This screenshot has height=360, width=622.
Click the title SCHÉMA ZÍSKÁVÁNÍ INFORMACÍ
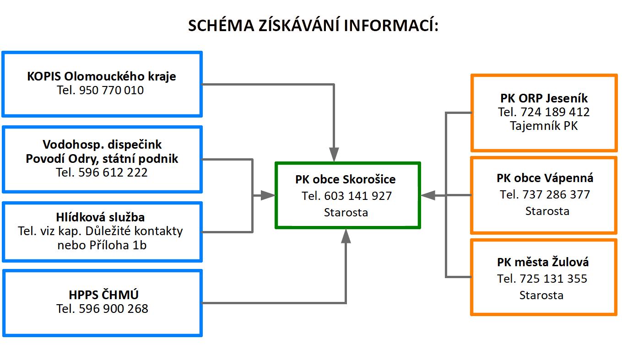(313, 25)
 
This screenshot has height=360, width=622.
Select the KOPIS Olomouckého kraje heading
(101, 76)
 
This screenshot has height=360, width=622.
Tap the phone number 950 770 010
(111, 90)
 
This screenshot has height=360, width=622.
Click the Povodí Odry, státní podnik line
(102, 159)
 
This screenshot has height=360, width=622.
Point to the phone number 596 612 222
(113, 172)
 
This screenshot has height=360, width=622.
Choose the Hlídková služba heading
(100, 217)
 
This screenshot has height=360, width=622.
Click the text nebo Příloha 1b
(102, 245)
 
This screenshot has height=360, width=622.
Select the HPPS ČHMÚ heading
(103, 295)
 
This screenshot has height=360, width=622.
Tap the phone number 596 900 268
(114, 309)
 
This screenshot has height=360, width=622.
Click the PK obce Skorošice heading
(346, 179)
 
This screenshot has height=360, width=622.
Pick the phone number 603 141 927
(358, 196)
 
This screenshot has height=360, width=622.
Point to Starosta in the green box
(346, 212)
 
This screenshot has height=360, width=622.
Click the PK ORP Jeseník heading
(544, 98)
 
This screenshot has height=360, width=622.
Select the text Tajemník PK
(544, 126)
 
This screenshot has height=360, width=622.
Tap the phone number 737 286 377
(556, 194)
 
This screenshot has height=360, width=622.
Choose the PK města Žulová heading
(542, 262)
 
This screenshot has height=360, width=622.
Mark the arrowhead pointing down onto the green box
(334, 155)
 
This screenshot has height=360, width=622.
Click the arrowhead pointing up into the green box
(346, 236)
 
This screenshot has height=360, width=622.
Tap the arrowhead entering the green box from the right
(428, 195)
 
